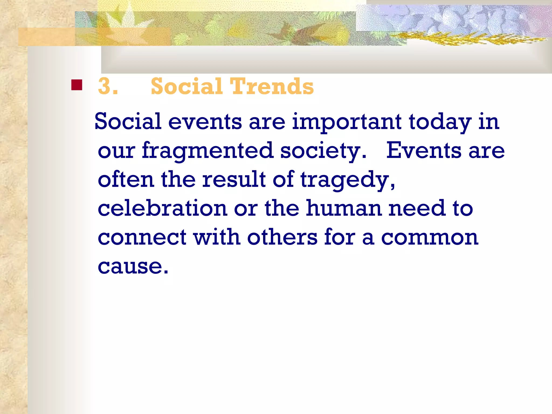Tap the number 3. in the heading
(x=108, y=86)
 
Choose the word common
(x=430, y=238)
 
